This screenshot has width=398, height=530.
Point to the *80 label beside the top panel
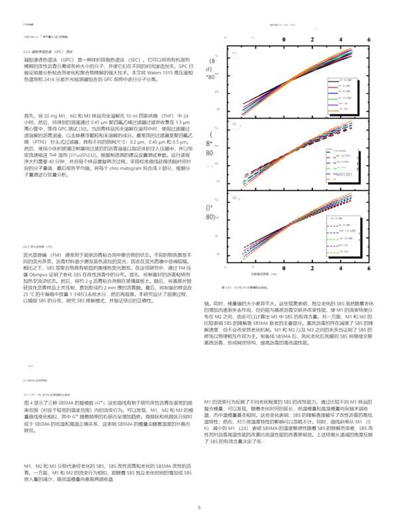point(212,78)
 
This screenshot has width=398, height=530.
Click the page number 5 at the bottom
point(198,507)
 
